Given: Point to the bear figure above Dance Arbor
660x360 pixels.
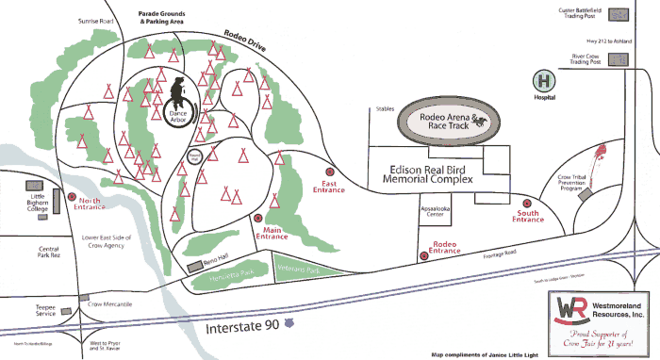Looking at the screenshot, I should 179,92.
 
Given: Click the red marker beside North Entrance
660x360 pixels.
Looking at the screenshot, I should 72,197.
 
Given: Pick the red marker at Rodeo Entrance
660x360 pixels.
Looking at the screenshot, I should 421,252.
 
